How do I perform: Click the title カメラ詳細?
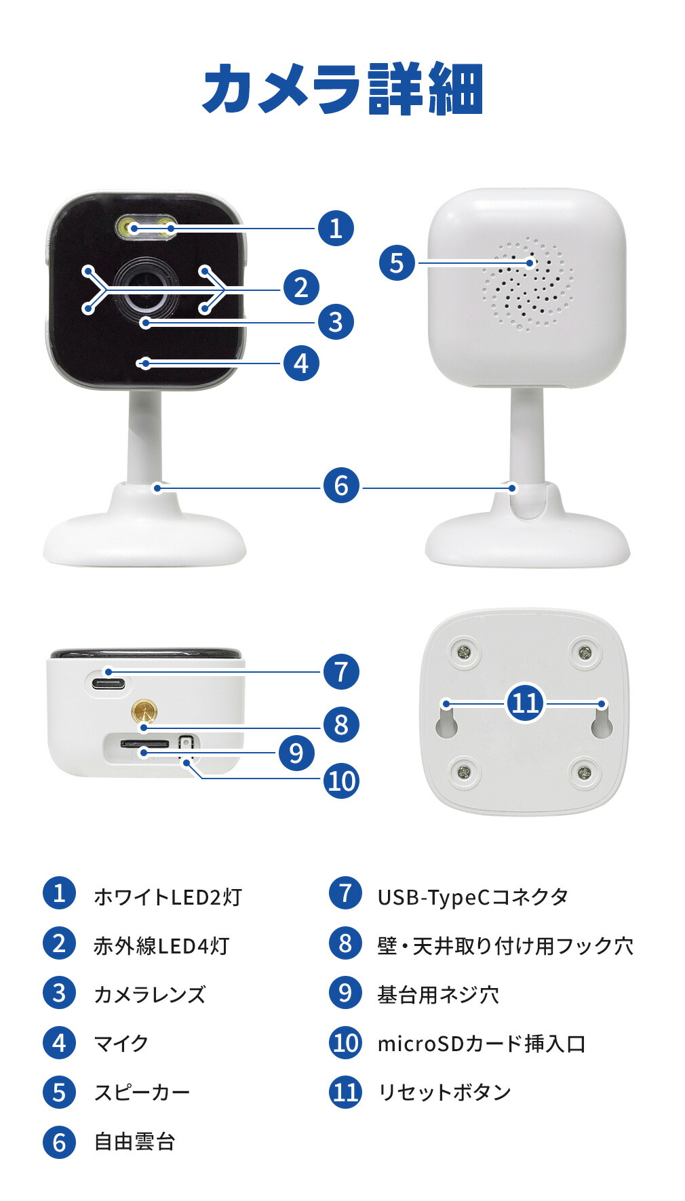tap(342, 89)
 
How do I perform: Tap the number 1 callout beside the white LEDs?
tap(336, 229)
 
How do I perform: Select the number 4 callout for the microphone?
tap(301, 363)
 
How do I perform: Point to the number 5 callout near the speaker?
tap(397, 263)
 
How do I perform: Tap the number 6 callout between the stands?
tap(341, 486)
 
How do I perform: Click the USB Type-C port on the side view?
tap(109, 682)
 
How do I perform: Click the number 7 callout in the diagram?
tap(341, 672)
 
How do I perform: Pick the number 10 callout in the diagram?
tap(341, 781)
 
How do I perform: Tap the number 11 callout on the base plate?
tap(526, 703)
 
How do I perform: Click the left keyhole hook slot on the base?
tap(446, 722)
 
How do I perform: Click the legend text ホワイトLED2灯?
tap(168, 897)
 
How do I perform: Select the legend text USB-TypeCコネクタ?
tap(473, 897)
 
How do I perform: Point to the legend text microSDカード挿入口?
tap(482, 1044)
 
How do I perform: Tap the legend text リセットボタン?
tap(444, 1092)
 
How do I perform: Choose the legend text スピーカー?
tap(142, 1092)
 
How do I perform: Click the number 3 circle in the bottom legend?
tap(59, 993)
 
